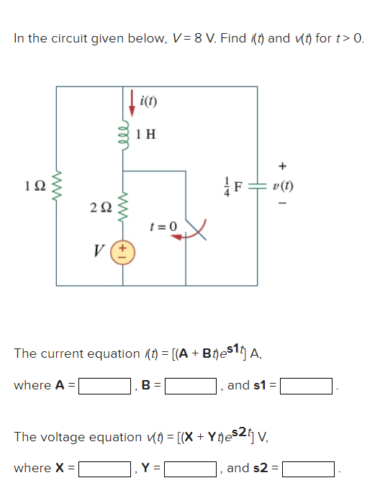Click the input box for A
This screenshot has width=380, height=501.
pos(104,387)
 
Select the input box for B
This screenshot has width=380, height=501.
pos(191,387)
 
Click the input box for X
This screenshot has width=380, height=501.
pos(104,469)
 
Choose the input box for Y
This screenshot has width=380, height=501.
pos(191,469)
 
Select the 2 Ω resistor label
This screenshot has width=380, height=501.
pos(101,209)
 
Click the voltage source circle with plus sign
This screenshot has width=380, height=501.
pos(122,253)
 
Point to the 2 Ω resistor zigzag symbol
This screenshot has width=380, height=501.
pos(123,209)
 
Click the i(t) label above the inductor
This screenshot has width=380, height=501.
pos(148,99)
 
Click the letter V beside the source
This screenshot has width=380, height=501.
pos(98,251)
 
